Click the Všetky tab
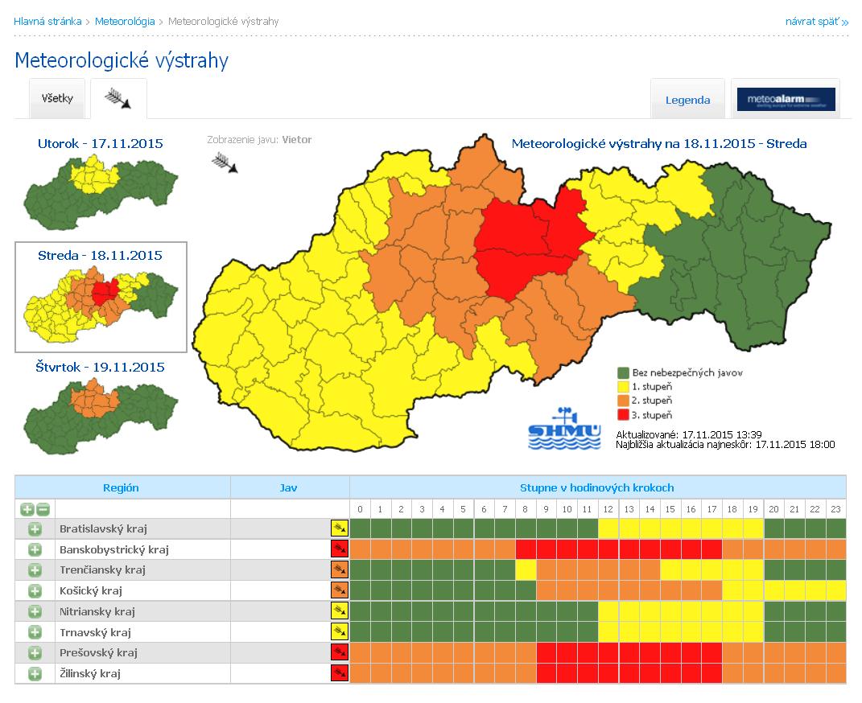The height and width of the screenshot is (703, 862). tap(57, 99)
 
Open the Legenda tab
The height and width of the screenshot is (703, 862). tap(687, 101)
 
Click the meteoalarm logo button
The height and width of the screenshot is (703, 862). tap(786, 100)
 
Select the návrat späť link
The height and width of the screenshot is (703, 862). tap(816, 22)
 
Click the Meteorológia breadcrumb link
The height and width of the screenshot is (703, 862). tap(125, 22)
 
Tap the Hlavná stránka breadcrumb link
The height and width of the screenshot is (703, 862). tap(47, 22)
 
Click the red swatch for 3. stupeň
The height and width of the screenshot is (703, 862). tap(623, 415)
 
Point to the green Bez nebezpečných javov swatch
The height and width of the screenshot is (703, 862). tap(623, 373)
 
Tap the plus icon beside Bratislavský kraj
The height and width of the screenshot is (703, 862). tap(35, 529)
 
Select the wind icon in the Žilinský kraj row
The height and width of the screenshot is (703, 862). tap(340, 673)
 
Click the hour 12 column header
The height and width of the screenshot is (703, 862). tap(608, 509)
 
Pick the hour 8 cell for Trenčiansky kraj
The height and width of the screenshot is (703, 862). tap(526, 570)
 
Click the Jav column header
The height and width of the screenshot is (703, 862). tap(289, 487)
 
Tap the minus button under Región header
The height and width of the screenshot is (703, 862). tap(43, 509)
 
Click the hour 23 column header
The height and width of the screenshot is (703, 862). tap(835, 509)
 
